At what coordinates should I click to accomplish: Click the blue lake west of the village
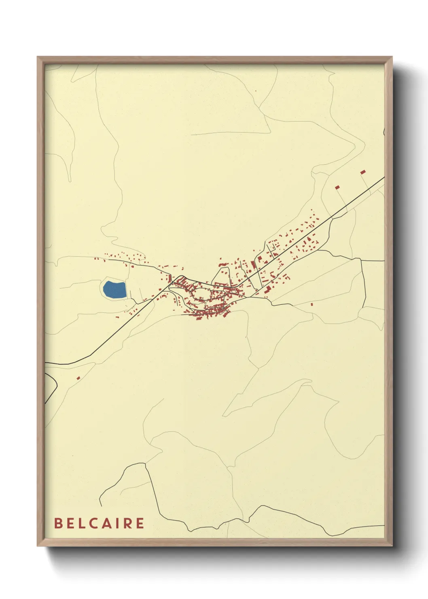(114, 289)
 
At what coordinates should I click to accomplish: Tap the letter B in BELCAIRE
(58, 523)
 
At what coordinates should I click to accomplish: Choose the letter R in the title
(127, 523)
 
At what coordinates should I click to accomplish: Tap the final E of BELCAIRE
(140, 523)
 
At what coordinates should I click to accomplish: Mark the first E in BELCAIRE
(70, 523)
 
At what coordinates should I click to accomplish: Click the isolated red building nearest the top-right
(363, 172)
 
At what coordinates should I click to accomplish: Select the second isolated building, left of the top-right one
(337, 187)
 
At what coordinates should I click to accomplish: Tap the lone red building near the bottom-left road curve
(78, 378)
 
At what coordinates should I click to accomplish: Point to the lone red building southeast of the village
(312, 304)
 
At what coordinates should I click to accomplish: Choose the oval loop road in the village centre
(201, 293)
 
